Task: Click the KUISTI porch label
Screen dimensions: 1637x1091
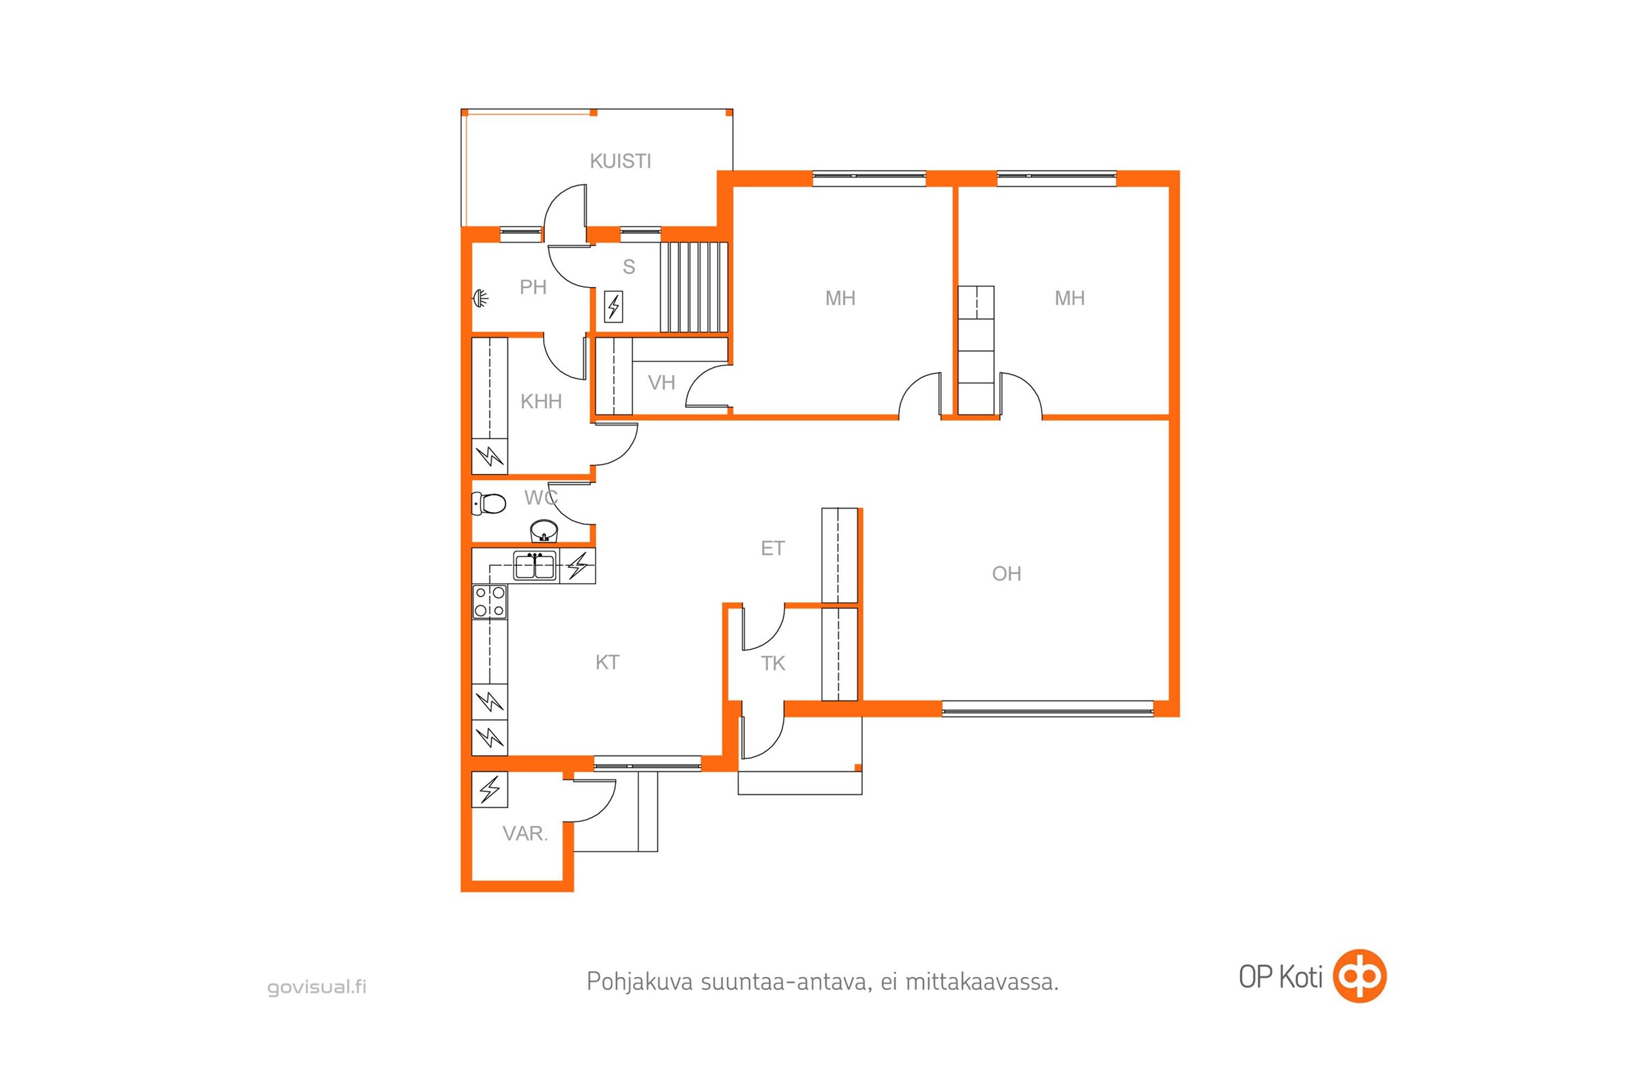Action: pyautogui.click(x=620, y=162)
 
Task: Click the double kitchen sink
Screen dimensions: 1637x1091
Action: pyautogui.click(x=535, y=565)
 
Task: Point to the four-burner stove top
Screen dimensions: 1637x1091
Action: pyautogui.click(x=489, y=602)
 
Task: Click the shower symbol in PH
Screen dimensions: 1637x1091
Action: pyautogui.click(x=480, y=299)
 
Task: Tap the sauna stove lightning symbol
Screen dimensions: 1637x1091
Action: pyautogui.click(x=613, y=306)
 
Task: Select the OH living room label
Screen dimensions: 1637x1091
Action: pyautogui.click(x=1007, y=574)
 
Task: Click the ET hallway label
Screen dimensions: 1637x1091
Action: pyautogui.click(x=773, y=549)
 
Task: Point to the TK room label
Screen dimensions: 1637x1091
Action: pyautogui.click(x=773, y=663)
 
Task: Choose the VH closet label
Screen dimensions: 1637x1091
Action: pyautogui.click(x=661, y=383)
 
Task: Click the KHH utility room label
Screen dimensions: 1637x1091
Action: pyautogui.click(x=541, y=402)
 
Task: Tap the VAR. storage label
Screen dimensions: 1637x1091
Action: pyautogui.click(x=525, y=833)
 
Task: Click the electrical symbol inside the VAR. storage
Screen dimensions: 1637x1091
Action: pyautogui.click(x=490, y=789)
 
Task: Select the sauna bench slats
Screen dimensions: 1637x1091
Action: pyautogui.click(x=694, y=287)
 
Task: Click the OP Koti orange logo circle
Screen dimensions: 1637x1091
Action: pyautogui.click(x=1359, y=976)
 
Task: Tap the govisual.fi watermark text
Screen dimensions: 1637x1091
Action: pyautogui.click(x=316, y=987)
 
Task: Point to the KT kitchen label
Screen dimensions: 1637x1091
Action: pyautogui.click(x=607, y=662)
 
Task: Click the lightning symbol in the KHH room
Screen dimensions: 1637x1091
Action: pyautogui.click(x=490, y=456)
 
